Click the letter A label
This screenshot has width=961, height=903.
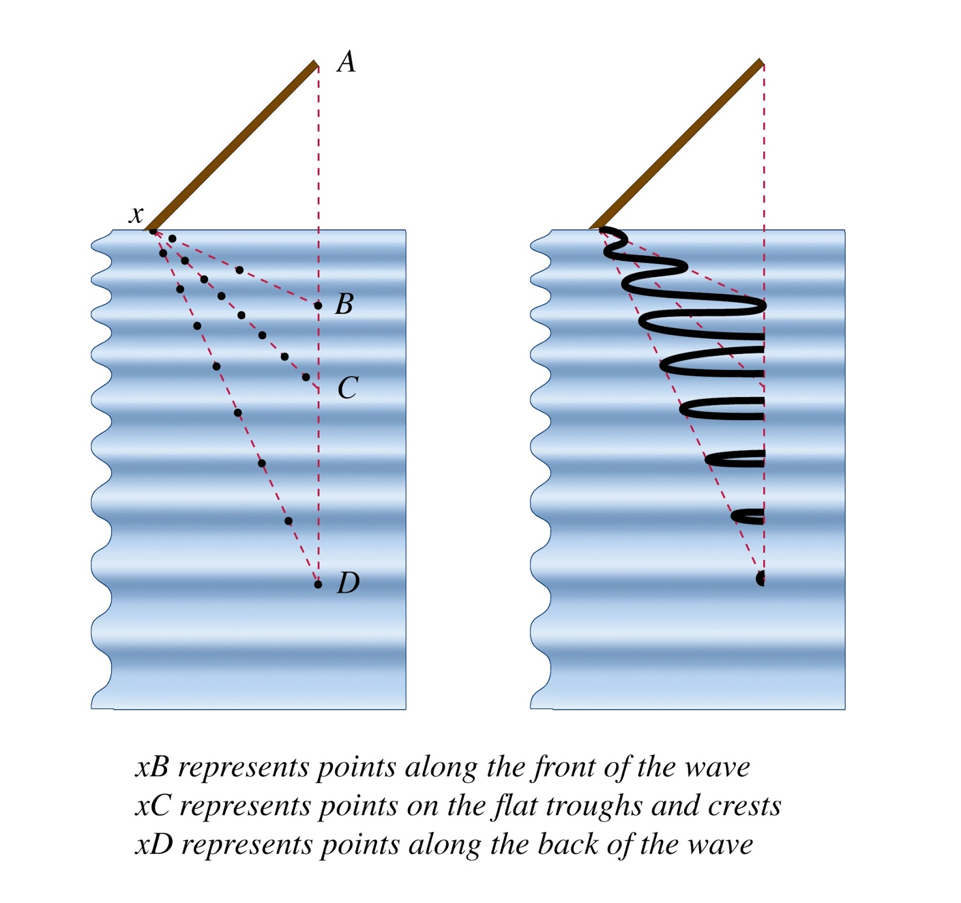[x=347, y=62]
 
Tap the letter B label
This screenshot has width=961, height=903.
[x=344, y=304]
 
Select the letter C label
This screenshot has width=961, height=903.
[x=347, y=388]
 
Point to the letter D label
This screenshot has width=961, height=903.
[x=348, y=583]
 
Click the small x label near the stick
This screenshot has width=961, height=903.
[x=137, y=214]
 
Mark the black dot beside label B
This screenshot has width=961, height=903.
[x=318, y=306]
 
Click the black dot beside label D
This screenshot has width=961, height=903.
[x=318, y=584]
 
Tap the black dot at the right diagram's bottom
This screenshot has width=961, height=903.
[x=761, y=579]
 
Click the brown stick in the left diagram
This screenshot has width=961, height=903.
[x=234, y=146]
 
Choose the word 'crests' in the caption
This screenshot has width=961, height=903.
[x=744, y=806]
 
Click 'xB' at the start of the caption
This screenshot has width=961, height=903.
[x=152, y=767]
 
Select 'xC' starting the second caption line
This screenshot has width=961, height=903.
[x=153, y=806]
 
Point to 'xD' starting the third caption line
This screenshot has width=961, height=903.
[x=154, y=844]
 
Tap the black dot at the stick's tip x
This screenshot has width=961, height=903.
[x=153, y=231]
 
